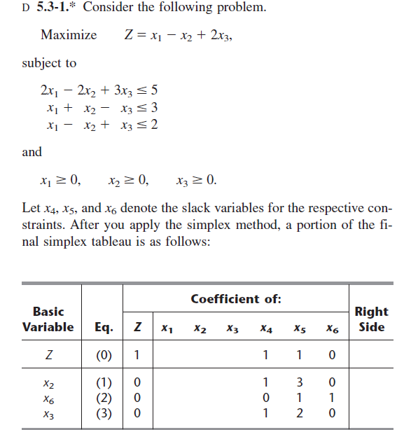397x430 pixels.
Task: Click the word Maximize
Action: click(69, 35)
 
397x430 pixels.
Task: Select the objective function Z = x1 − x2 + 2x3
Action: click(176, 36)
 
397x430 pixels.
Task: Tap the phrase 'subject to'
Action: click(49, 63)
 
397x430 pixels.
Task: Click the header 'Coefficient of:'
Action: click(236, 299)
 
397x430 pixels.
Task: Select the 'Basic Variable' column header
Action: click(48, 319)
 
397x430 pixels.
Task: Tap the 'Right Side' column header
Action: click(371, 319)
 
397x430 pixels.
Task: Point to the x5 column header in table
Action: click(299, 328)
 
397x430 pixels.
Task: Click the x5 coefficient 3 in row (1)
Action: click(299, 383)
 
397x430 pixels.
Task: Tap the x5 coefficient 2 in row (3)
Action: click(299, 412)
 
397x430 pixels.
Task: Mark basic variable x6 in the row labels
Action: click(48, 398)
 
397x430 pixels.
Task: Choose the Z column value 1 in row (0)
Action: click(138, 355)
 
